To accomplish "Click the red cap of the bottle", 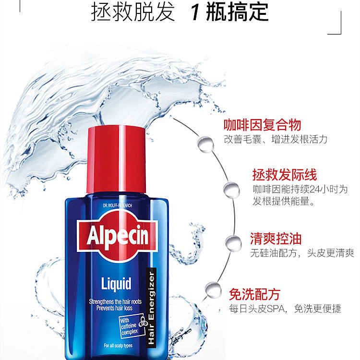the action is pyautogui.click(x=116, y=159).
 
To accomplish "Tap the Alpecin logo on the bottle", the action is pyautogui.click(x=117, y=236).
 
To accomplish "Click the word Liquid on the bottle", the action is pyautogui.click(x=116, y=284).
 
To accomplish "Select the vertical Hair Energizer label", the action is pyautogui.click(x=151, y=308).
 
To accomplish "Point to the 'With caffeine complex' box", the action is pyautogui.click(x=132, y=326).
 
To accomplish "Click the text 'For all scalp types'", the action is pyautogui.click(x=118, y=346).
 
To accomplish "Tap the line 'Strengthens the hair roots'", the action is pyautogui.click(x=115, y=301).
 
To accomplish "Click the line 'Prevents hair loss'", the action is pyautogui.click(x=114, y=308).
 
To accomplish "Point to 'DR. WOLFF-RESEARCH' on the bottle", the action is pyautogui.click(x=118, y=205).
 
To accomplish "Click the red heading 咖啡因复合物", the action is pyautogui.click(x=262, y=125).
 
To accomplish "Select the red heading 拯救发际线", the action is pyautogui.click(x=285, y=175).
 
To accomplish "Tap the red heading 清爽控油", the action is pyautogui.click(x=276, y=239).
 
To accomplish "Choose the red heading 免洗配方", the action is pyautogui.click(x=254, y=294).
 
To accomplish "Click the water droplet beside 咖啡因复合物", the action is pyautogui.click(x=205, y=144).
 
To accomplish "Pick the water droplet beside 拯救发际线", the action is pyautogui.click(x=231, y=190).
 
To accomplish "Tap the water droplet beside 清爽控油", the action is pyautogui.click(x=233, y=243).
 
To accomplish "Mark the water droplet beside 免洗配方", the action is pyautogui.click(x=213, y=290).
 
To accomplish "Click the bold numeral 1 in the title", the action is pyautogui.click(x=195, y=12).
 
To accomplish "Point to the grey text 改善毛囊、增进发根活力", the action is pyautogui.click(x=276, y=139).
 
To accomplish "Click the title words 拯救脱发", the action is pyautogui.click(x=132, y=12).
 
